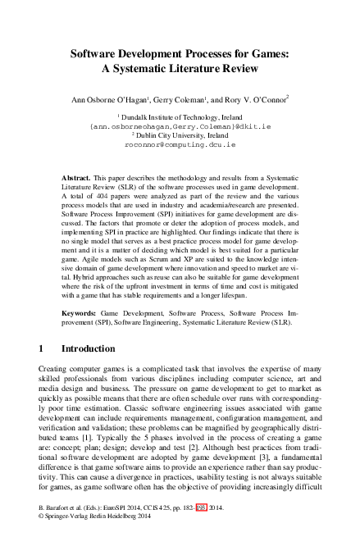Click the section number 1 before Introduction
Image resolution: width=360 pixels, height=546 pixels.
click(x=42, y=348)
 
